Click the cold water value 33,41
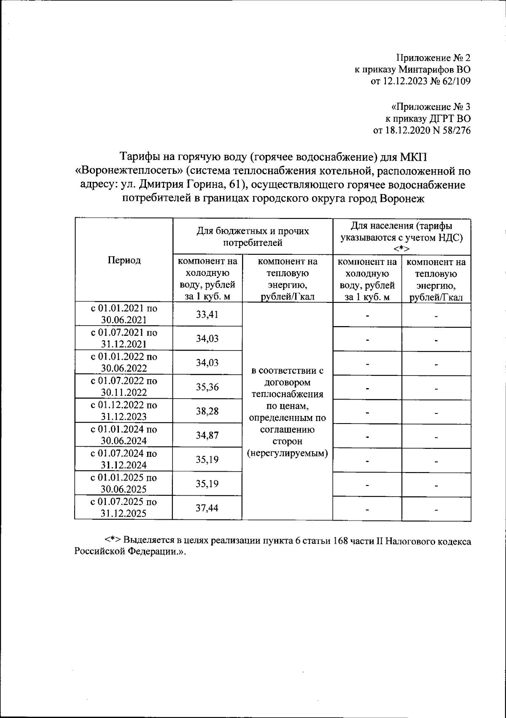point(207,314)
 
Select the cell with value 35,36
point(207,387)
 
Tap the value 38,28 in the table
point(207,411)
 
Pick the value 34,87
point(207,435)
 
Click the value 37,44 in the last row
point(207,508)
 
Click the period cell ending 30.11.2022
point(124,387)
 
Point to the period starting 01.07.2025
point(124,508)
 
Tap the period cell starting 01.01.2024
point(124,435)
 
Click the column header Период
point(124,260)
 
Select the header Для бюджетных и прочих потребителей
point(253,237)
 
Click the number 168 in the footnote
point(341,541)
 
